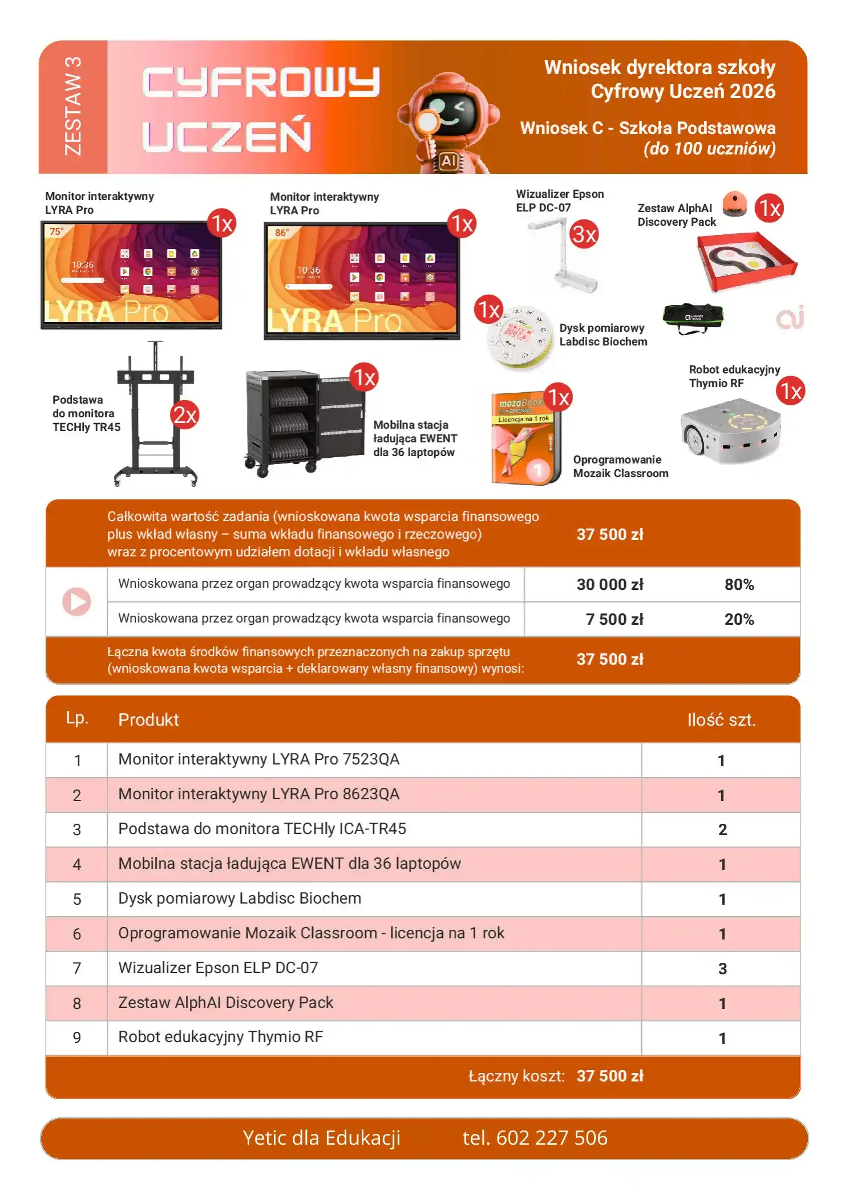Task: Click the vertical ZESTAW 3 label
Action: click(x=73, y=106)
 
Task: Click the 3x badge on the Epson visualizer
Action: click(x=584, y=234)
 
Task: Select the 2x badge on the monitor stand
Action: click(x=184, y=415)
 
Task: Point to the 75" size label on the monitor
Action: click(x=56, y=231)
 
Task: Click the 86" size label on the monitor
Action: click(x=282, y=233)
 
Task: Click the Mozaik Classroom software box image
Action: click(x=526, y=438)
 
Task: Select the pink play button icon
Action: click(x=76, y=601)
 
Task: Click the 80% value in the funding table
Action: click(x=739, y=584)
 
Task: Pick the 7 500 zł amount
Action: click(x=614, y=619)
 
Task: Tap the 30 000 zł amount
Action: click(x=610, y=584)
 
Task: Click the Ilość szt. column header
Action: click(x=721, y=719)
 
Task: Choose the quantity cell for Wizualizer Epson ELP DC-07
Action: click(x=722, y=969)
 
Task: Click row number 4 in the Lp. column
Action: click(x=76, y=864)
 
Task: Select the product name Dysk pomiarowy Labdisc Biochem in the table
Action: click(x=240, y=898)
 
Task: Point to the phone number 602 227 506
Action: click(x=552, y=1138)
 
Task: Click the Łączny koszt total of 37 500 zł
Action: click(x=610, y=1076)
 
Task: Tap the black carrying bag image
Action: click(x=693, y=318)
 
